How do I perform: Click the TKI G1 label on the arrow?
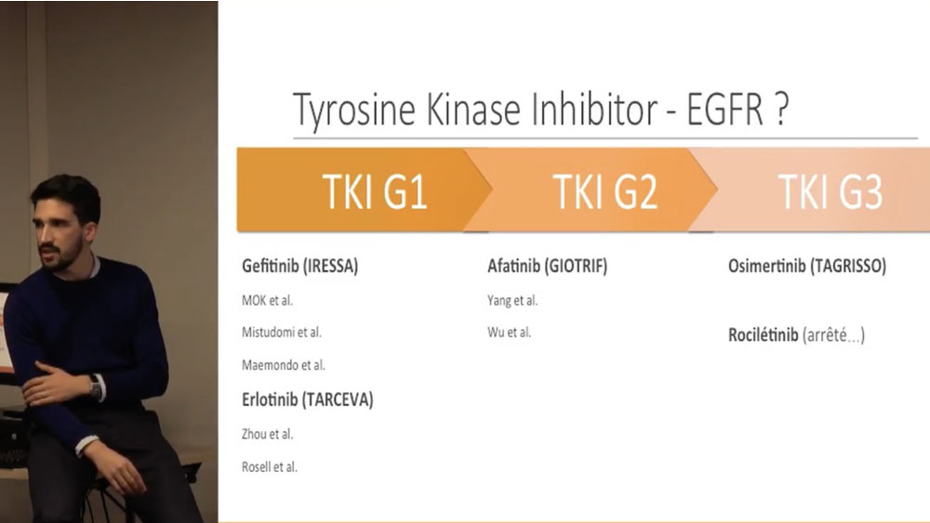tap(374, 191)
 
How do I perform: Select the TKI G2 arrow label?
tap(605, 191)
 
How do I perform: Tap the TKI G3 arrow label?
tap(830, 191)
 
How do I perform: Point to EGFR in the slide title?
tap(724, 109)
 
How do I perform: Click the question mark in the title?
tap(781, 109)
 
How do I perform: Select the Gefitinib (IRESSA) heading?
tap(300, 266)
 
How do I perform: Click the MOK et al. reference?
tap(268, 300)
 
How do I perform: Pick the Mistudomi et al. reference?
tap(282, 333)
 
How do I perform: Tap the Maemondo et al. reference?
tap(284, 365)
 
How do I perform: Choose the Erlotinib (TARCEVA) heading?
tap(307, 399)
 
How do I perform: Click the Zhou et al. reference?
tap(268, 434)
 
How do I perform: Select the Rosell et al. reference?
tap(270, 466)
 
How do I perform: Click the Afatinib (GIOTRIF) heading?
tap(548, 266)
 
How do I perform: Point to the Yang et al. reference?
tap(512, 300)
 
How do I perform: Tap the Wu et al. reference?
tap(510, 333)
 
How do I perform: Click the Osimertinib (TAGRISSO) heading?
tap(807, 266)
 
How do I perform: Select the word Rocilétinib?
tap(764, 335)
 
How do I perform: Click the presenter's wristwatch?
tap(95, 386)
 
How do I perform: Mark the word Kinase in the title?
tap(473, 109)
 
